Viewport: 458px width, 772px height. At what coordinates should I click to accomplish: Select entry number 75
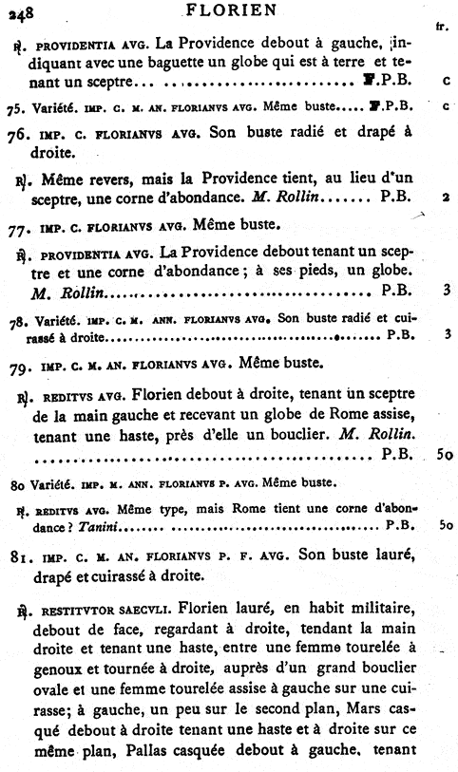13,105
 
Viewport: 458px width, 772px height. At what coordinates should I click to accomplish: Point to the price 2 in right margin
445,200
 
